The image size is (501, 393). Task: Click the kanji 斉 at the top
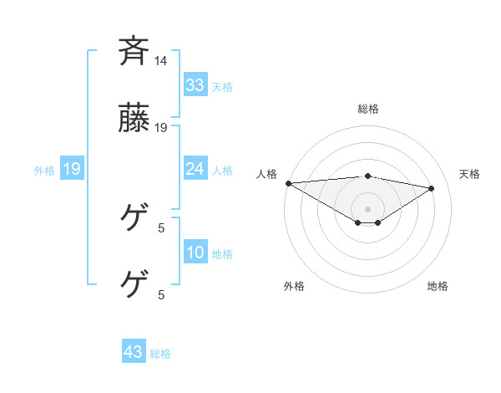point(134,51)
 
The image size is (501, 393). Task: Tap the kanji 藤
point(134,119)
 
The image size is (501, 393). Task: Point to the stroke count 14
point(161,61)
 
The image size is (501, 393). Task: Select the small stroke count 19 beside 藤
point(161,128)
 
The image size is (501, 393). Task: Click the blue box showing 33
point(195,84)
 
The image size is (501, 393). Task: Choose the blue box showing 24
point(195,169)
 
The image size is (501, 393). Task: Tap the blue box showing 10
point(195,253)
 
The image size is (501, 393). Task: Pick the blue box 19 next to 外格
point(71,170)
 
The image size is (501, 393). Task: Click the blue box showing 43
point(133,352)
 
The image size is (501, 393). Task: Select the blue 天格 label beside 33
point(222,86)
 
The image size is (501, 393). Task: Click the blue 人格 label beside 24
point(222,171)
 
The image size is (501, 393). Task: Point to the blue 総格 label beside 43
point(160,354)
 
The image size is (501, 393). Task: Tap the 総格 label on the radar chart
point(367,109)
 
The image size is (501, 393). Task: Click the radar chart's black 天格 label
point(469,174)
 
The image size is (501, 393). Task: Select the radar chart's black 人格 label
point(266,174)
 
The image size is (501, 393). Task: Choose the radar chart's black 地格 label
point(438,286)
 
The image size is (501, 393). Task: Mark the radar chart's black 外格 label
point(294,286)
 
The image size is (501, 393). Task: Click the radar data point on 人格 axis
point(288,182)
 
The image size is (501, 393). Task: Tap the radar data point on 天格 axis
point(432,188)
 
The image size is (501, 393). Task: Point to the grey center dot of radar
point(367,208)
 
